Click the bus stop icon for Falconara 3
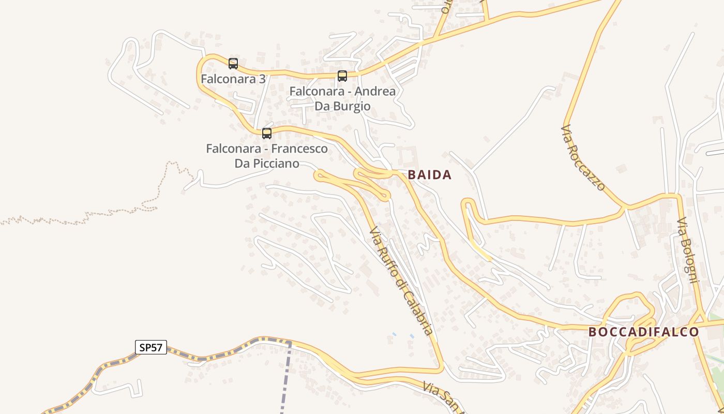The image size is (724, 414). point(233,64)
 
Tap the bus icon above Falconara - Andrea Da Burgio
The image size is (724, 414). point(342,76)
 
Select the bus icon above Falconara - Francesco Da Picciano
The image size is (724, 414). point(267,134)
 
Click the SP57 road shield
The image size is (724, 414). point(151,347)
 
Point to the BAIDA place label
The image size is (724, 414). point(430,175)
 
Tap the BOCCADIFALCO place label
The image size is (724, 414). point(644,332)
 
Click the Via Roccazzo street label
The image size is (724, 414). point(583,157)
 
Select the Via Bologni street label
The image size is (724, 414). point(688,250)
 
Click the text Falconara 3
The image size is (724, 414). point(233,79)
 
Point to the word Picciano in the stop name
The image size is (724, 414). point(275,164)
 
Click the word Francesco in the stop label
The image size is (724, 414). point(299,149)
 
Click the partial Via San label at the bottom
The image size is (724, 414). point(443,396)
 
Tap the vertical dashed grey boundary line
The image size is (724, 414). point(285,383)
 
